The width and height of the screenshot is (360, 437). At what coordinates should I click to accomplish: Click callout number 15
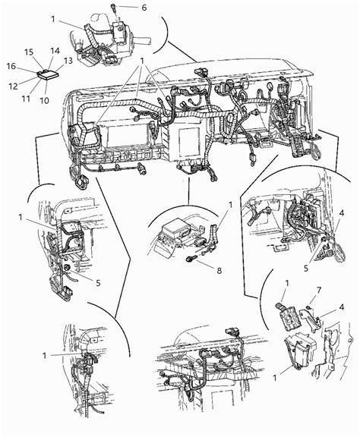pyautogui.click(x=29, y=52)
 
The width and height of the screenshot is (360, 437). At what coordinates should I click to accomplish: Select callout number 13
pyautogui.click(x=68, y=61)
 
